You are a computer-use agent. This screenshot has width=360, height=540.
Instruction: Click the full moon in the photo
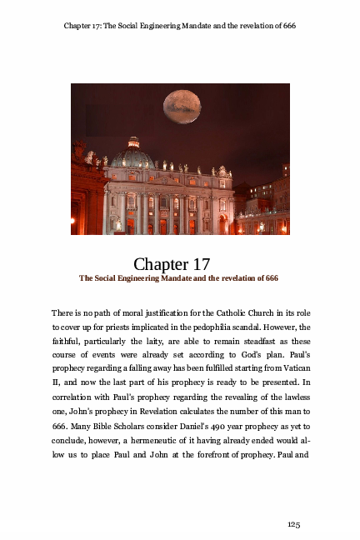(x=182, y=106)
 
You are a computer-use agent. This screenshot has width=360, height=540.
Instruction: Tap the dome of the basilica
(x=133, y=156)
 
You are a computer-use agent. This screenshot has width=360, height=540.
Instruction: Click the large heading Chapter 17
(x=177, y=265)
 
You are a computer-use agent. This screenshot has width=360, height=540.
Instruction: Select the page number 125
(x=293, y=523)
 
